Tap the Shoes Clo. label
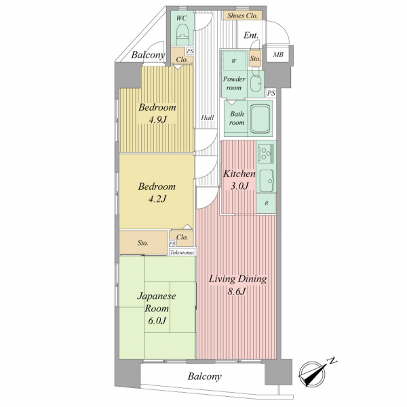[x=242, y=16]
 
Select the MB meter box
[x=278, y=55]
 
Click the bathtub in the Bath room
[x=260, y=118]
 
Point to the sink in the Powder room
[x=256, y=83]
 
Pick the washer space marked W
[x=234, y=61]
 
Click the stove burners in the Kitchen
[x=265, y=153]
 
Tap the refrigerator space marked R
[x=267, y=203]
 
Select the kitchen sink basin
[x=267, y=180]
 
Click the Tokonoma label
[x=182, y=252]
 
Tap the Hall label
[x=208, y=118]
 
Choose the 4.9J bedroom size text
[x=157, y=119]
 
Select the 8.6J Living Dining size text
[x=237, y=292]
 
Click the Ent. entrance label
[x=251, y=35]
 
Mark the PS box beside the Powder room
[x=271, y=93]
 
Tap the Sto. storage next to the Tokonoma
[x=143, y=243]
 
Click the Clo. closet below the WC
[x=182, y=60]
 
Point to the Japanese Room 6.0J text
[x=156, y=309]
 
